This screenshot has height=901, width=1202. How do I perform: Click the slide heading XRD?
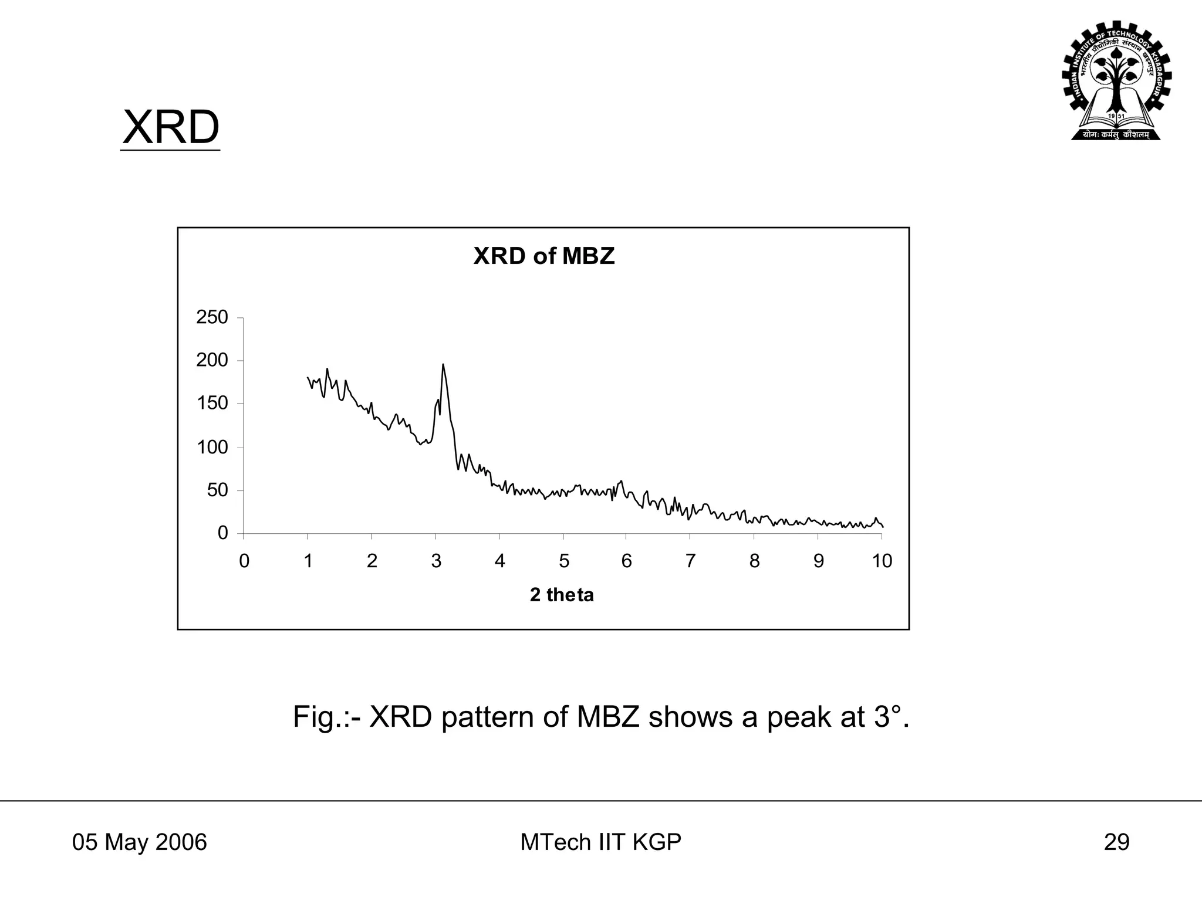pos(170,128)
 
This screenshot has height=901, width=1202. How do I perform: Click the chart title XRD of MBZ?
pos(543,256)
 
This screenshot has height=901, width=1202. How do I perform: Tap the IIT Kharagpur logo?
pos(1116,81)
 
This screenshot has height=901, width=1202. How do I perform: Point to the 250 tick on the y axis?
pos(212,317)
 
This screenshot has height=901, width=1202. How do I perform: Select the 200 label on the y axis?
pos(212,360)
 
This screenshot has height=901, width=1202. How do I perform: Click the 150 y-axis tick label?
pos(212,404)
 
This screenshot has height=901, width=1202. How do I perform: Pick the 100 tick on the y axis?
pos(212,447)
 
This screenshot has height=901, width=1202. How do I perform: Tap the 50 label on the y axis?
pos(217,490)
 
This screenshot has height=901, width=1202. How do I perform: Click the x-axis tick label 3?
pos(436,561)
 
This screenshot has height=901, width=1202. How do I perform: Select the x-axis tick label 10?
pos(882,561)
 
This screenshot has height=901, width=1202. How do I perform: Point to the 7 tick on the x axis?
pos(690,561)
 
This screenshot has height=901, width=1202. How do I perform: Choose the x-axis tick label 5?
pos(563,561)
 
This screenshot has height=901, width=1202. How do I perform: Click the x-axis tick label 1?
pos(308,561)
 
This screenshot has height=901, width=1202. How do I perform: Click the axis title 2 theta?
pos(562,595)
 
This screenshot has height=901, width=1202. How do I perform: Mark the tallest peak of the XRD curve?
pos(443,364)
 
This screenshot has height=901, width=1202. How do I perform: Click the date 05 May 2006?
pos(140,842)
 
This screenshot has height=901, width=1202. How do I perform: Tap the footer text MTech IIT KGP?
pos(600,842)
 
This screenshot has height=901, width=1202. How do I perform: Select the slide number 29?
pos(1116,842)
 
